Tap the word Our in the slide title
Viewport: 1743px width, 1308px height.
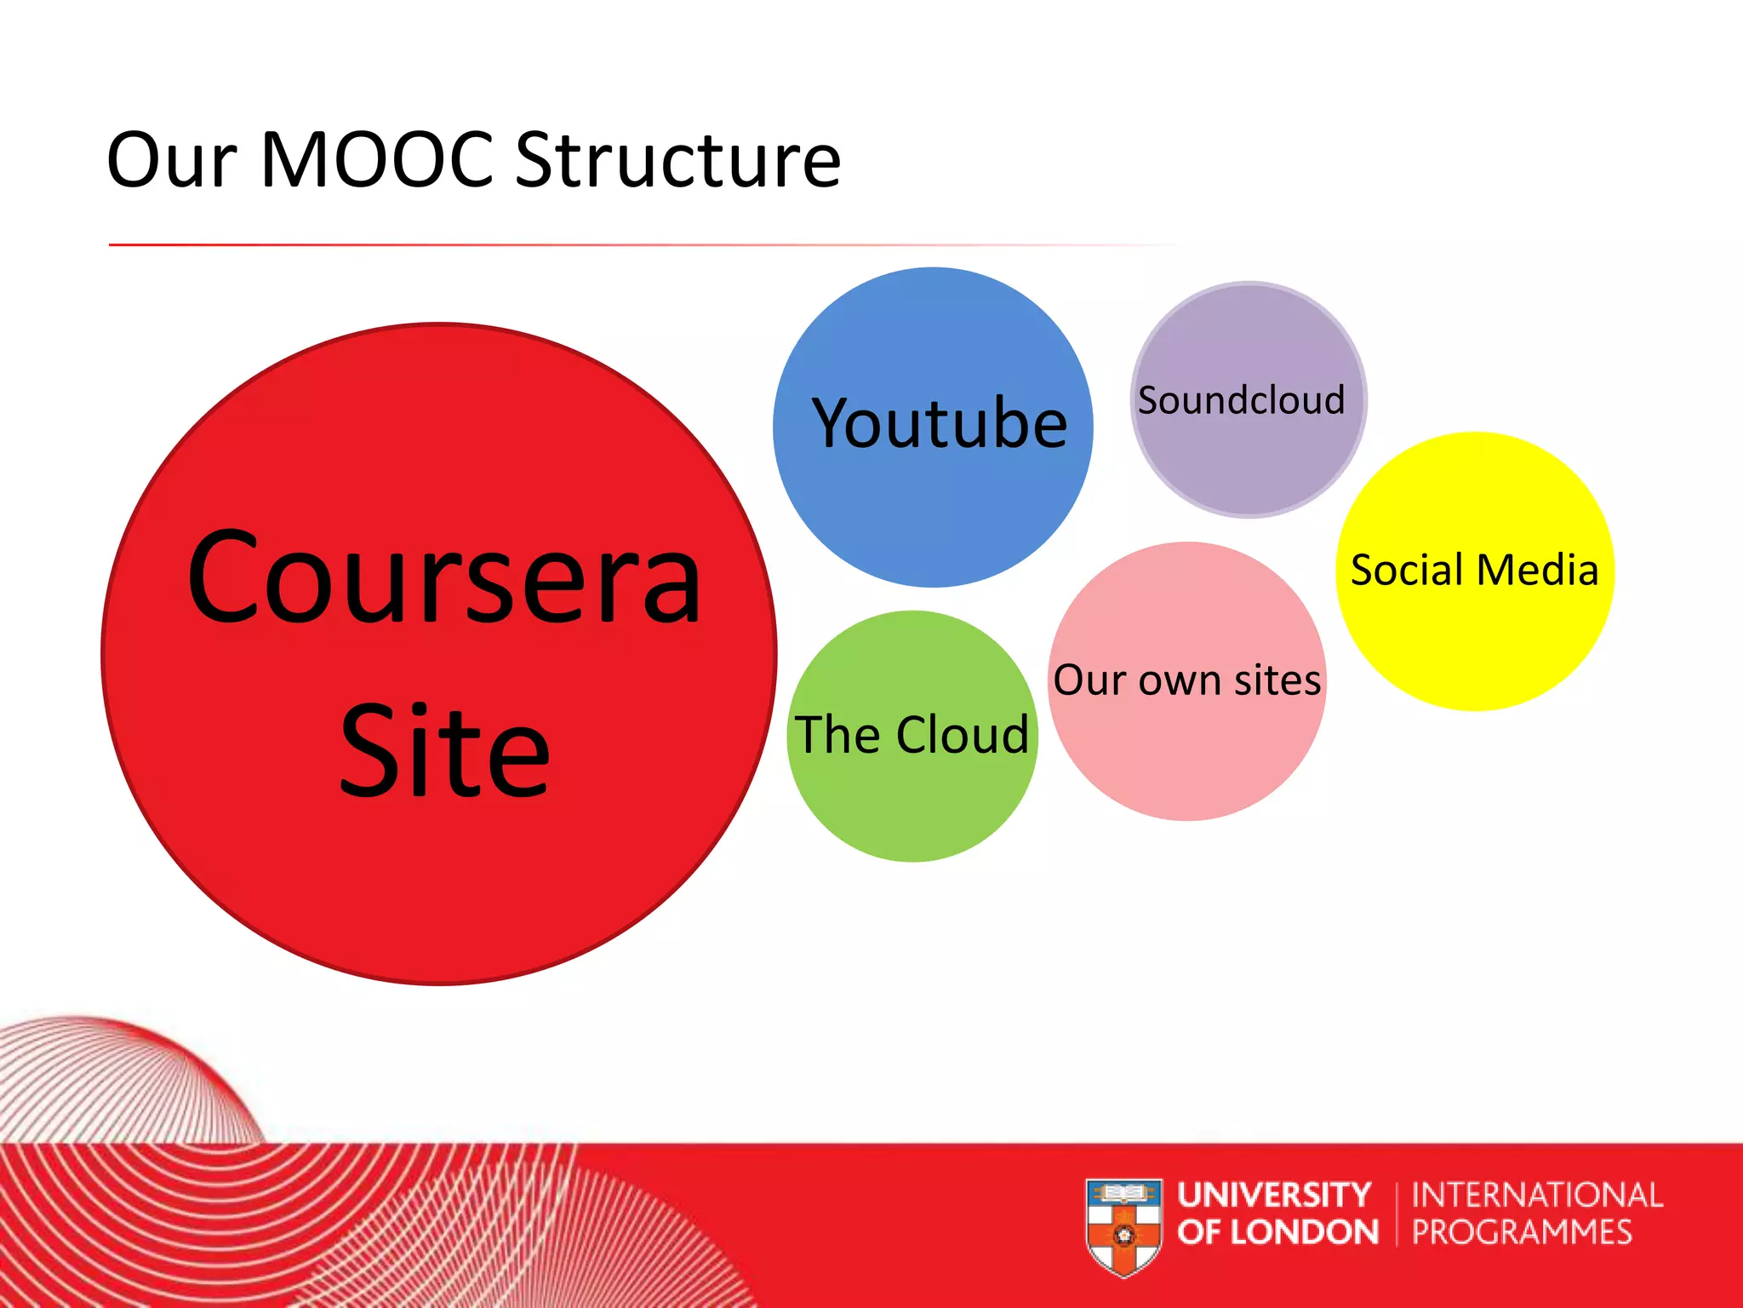click(171, 162)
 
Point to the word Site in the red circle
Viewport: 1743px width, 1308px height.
click(444, 751)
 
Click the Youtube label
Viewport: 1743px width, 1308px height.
click(940, 423)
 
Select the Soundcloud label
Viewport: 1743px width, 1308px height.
click(1242, 400)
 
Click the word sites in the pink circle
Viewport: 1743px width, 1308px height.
click(1277, 680)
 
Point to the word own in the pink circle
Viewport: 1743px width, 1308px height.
click(1174, 681)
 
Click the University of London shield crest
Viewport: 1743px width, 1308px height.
click(1123, 1226)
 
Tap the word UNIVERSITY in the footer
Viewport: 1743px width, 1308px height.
click(1274, 1195)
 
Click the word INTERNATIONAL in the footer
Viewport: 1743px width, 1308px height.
click(1537, 1195)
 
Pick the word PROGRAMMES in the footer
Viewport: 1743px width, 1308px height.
click(1522, 1232)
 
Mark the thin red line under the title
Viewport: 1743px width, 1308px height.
click(596, 245)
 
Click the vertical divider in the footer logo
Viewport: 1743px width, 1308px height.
click(1397, 1213)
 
